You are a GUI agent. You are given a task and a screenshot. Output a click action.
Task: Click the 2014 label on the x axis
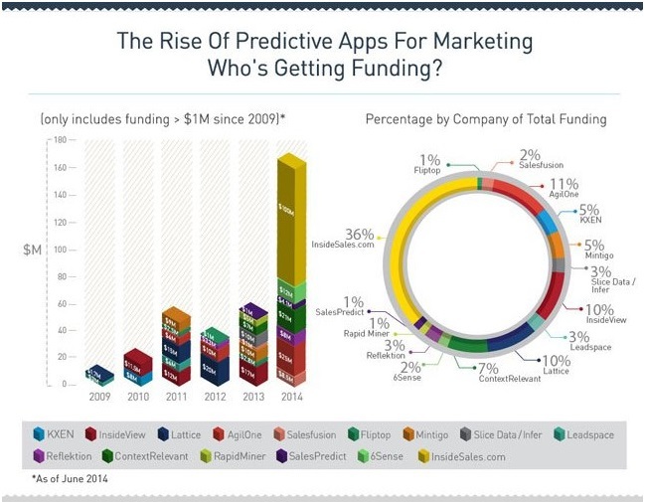(x=289, y=396)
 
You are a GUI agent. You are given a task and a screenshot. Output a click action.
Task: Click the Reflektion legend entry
(x=62, y=455)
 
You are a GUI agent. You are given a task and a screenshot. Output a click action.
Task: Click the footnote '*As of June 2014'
(x=71, y=479)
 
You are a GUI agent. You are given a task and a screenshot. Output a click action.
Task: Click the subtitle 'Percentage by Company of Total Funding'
(x=486, y=119)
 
